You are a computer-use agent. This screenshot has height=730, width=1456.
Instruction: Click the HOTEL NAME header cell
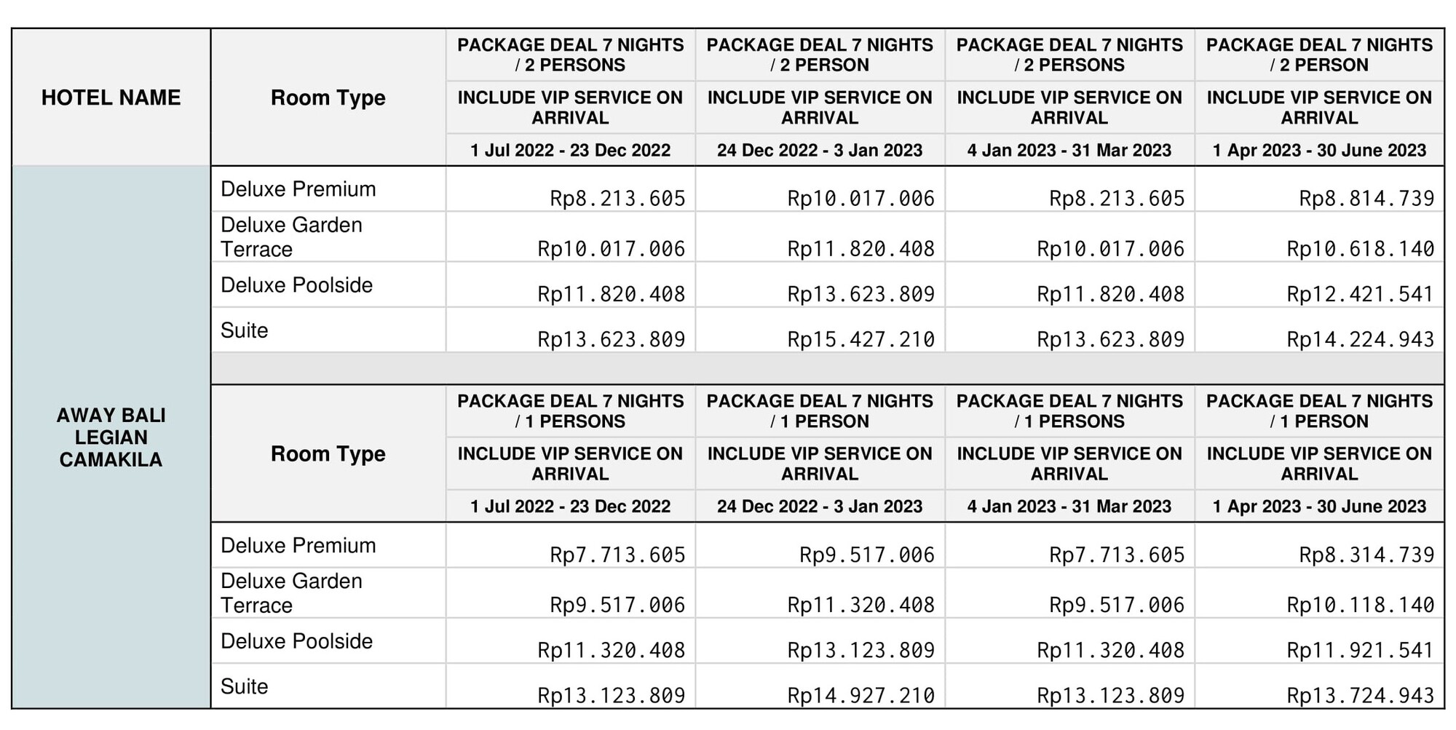(x=111, y=98)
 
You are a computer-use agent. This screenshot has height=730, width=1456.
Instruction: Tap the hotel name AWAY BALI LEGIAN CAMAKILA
(x=111, y=437)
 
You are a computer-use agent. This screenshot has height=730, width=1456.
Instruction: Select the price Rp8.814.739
(x=1366, y=198)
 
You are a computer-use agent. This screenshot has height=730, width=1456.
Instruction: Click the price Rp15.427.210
(x=860, y=339)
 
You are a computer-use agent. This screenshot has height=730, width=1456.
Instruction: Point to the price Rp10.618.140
(x=1360, y=249)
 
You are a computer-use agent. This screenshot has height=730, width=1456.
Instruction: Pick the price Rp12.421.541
(x=1360, y=294)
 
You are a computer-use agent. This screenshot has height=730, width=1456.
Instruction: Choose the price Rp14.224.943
(x=1360, y=339)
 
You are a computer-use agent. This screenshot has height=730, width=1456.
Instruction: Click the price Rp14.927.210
(x=860, y=696)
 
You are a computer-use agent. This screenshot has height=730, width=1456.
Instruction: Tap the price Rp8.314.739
(x=1366, y=555)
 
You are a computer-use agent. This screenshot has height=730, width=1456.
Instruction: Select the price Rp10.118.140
(x=1360, y=605)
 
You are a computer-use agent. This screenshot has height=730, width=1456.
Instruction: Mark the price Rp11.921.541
(x=1360, y=650)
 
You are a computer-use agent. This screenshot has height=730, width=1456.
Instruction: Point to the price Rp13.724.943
(x=1360, y=696)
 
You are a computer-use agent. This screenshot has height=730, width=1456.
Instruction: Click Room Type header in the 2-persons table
(x=328, y=98)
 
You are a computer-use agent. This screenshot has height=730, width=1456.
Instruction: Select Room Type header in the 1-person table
(x=328, y=454)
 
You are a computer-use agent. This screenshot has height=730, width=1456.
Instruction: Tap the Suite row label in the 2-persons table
(x=245, y=330)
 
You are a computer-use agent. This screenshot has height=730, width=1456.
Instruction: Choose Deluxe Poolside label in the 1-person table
(x=297, y=641)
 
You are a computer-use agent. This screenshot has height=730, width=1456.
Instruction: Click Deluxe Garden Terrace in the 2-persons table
(x=291, y=237)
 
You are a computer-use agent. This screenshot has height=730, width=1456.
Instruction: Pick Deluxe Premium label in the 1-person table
(x=298, y=545)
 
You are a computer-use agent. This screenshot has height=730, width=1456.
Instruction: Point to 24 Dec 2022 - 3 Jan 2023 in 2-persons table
(x=820, y=150)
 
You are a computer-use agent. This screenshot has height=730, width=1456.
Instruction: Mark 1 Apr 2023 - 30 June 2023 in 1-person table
(x=1319, y=507)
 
